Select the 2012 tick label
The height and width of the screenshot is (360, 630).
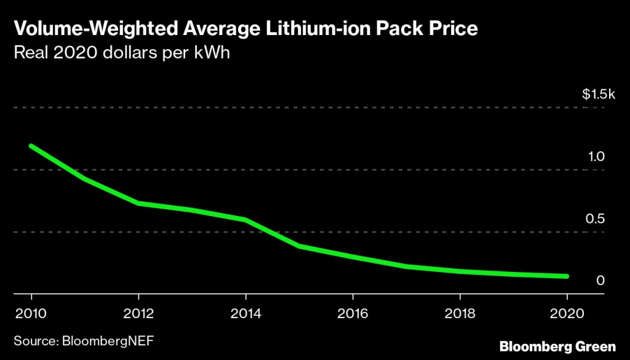[138, 313]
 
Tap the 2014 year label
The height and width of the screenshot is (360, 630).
[245, 313]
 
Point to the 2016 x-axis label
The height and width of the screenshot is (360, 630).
[353, 313]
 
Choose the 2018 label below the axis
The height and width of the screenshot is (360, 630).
[460, 313]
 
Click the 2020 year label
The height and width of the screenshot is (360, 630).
[567, 313]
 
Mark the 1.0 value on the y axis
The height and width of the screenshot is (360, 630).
[597, 156]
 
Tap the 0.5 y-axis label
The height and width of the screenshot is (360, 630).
[597, 218]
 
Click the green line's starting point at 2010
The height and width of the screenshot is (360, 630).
[31, 146]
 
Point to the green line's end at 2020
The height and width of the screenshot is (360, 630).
[567, 276]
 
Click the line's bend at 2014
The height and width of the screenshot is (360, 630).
[245, 220]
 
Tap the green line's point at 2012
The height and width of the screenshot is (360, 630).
[138, 203]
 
